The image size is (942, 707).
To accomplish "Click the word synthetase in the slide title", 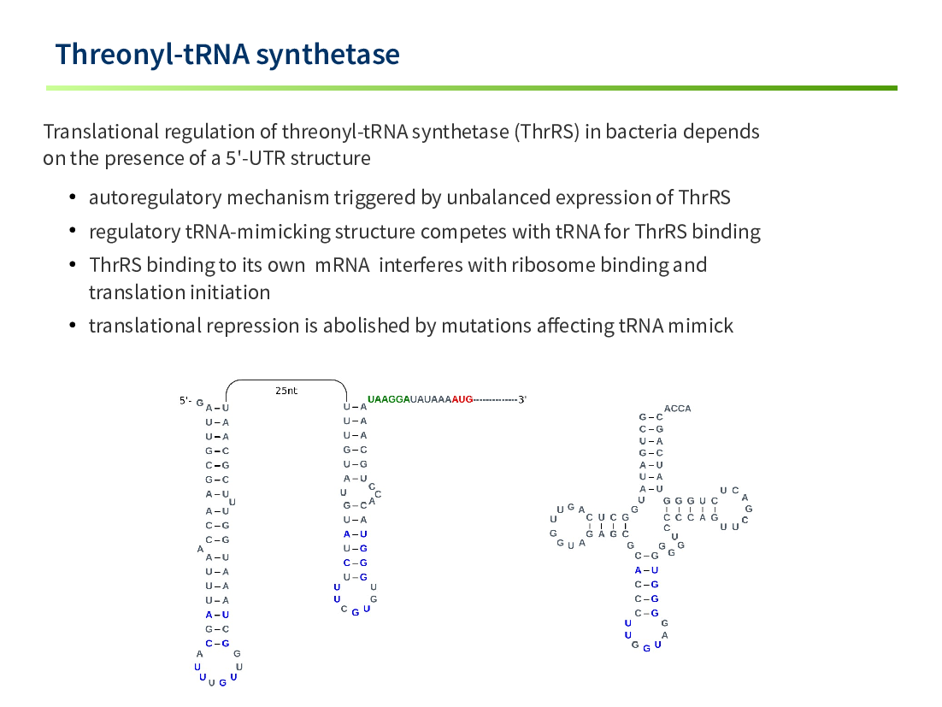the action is (x=327, y=55).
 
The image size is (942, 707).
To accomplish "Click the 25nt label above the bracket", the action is (x=286, y=391).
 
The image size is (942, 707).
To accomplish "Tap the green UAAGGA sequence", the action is (x=388, y=399).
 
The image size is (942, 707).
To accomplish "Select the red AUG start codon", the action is (x=462, y=399).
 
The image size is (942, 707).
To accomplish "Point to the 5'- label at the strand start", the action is (x=185, y=400).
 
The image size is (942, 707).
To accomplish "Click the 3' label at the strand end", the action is (x=522, y=399).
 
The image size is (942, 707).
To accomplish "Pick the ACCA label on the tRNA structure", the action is (x=677, y=409).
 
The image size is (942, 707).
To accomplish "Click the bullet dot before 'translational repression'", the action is (x=72, y=326).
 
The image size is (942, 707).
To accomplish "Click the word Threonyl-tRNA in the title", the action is (x=152, y=55).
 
